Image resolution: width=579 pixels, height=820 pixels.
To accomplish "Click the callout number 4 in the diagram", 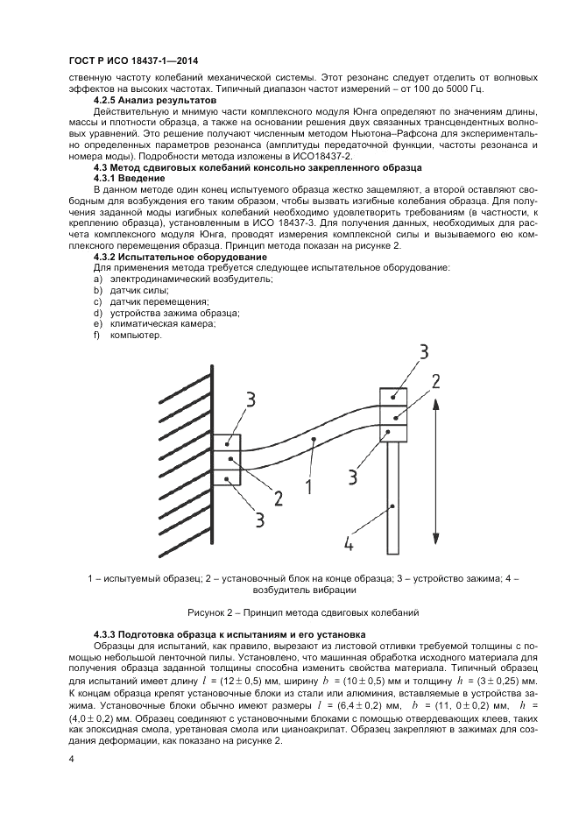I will point(349,544).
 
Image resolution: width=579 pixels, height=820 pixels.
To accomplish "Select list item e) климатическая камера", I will point(154,324).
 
